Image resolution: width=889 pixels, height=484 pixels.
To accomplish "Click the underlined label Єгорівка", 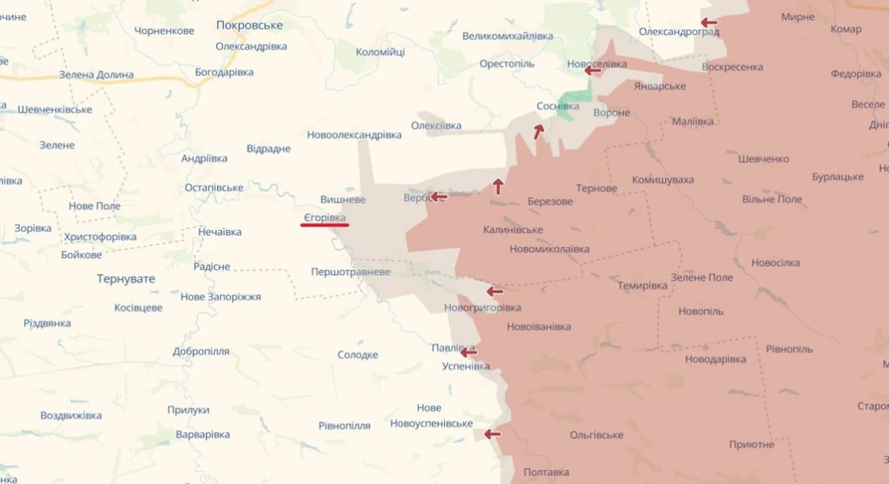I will click(324, 218).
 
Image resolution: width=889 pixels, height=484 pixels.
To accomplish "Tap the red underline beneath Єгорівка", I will click(324, 226).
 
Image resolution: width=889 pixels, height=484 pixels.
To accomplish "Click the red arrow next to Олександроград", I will click(709, 23).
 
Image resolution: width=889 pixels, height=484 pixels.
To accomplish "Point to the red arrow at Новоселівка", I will click(593, 70).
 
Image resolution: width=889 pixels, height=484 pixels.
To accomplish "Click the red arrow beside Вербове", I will click(438, 197).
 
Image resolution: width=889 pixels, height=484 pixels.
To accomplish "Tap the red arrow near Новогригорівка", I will click(494, 291).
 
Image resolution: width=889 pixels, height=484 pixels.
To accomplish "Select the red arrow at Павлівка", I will click(468, 352).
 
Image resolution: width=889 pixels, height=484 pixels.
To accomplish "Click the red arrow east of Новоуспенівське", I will click(493, 435).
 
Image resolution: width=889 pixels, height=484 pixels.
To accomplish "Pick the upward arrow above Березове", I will click(498, 186).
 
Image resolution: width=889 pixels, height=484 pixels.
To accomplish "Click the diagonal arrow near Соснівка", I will click(538, 131).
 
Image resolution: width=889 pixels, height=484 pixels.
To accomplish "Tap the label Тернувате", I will click(126, 278).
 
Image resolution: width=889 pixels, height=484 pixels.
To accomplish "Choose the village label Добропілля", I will click(201, 351).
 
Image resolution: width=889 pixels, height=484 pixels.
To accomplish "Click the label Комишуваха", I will click(663, 180).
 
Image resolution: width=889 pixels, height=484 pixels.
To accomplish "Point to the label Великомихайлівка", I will click(507, 36).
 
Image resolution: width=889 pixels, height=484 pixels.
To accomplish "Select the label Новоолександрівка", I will click(354, 134).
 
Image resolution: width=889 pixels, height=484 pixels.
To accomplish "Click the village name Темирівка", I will click(642, 286).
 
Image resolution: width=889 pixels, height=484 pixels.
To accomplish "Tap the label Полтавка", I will click(546, 472).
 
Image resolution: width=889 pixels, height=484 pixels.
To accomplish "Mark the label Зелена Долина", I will click(96, 74).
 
